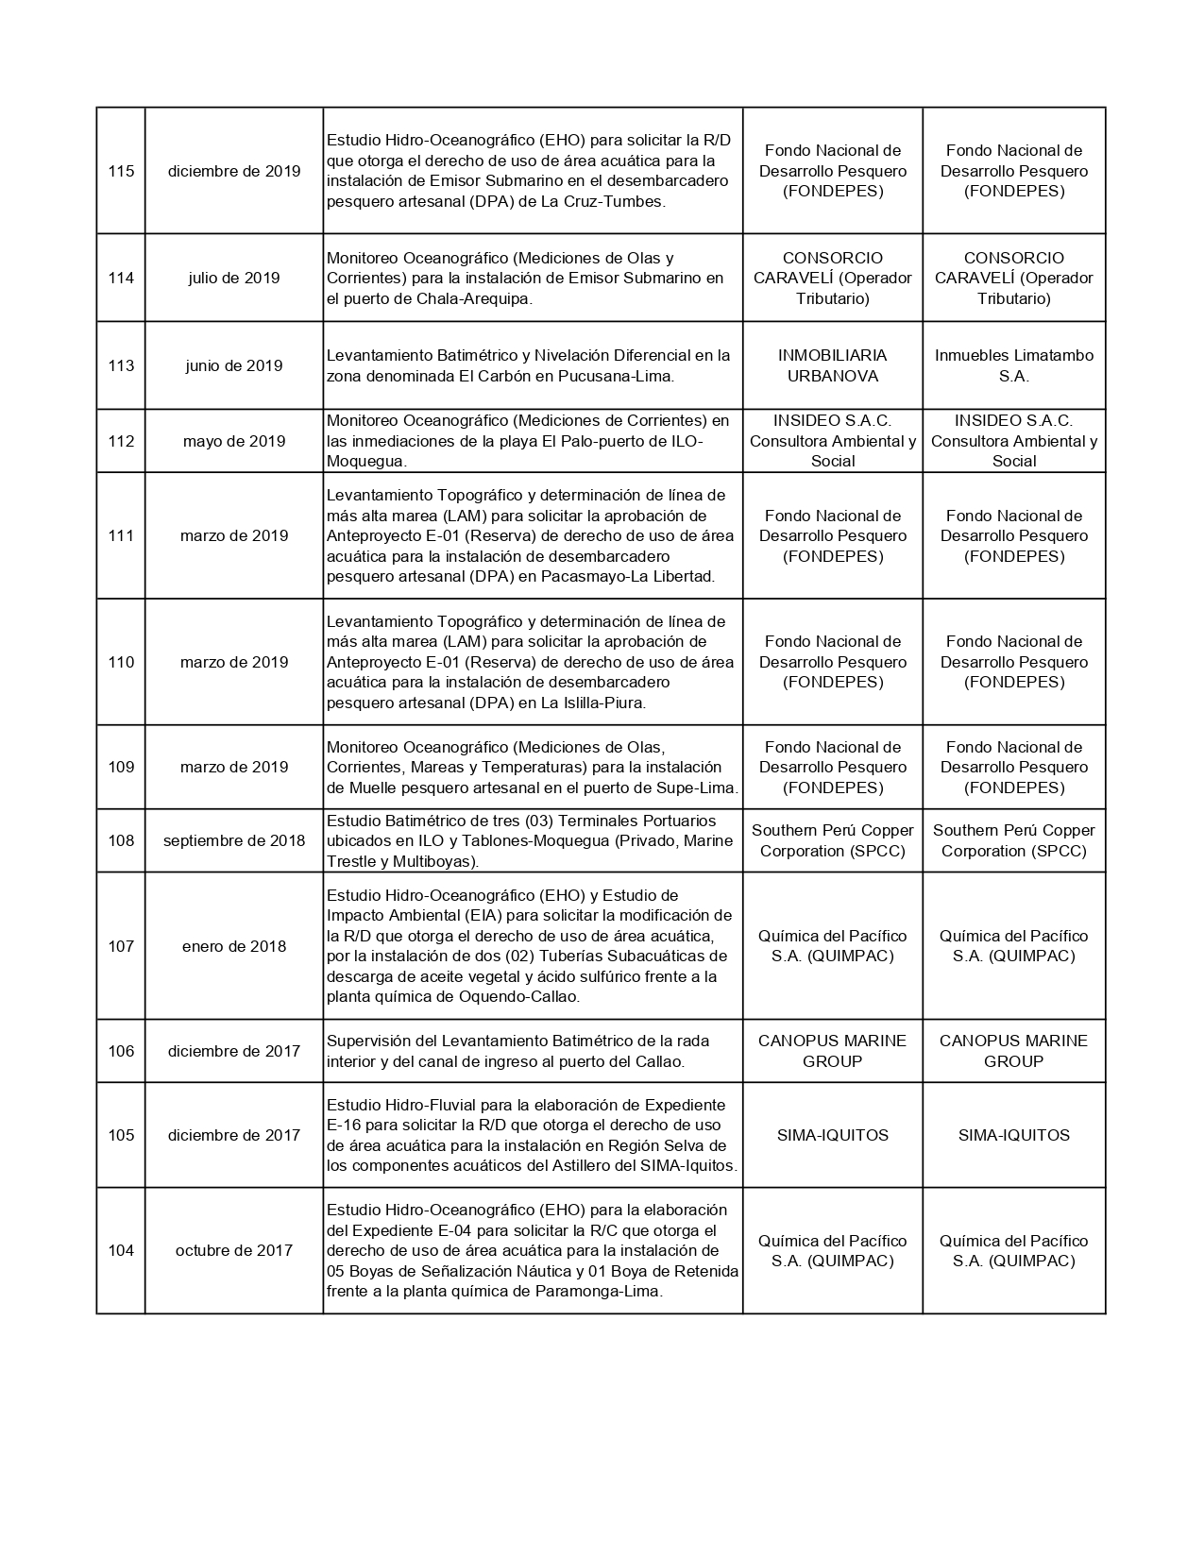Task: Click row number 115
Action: tap(121, 171)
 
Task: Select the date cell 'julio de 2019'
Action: tap(234, 278)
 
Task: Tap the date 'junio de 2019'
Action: tap(234, 365)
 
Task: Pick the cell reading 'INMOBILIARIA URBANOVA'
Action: tap(832, 365)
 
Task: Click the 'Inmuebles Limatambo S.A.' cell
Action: tap(1013, 365)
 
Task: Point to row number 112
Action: tap(121, 441)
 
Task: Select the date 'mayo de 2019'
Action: tap(234, 441)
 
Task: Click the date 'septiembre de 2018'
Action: tap(234, 840)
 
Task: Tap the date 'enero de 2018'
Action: tap(234, 946)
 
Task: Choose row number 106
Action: tap(121, 1051)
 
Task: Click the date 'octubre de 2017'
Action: tap(234, 1250)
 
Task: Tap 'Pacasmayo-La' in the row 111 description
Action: tap(587, 576)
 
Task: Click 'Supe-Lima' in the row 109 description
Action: tap(699, 787)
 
